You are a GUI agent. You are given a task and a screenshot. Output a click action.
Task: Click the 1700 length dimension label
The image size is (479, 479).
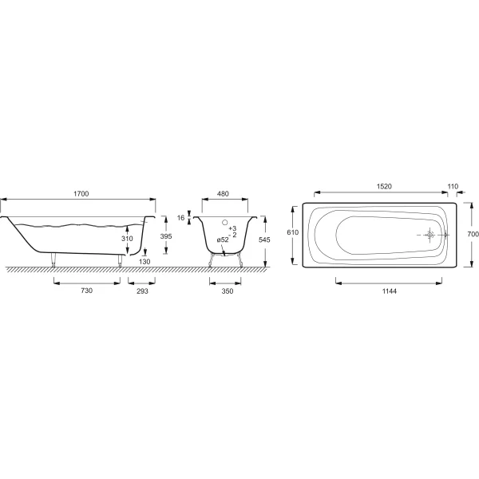(x=81, y=194)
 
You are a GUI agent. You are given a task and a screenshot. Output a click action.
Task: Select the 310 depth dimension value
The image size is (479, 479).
(x=127, y=239)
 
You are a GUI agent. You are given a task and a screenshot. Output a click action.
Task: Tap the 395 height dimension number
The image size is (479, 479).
(x=166, y=236)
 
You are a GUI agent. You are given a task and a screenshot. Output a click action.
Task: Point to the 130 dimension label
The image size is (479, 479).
(x=144, y=262)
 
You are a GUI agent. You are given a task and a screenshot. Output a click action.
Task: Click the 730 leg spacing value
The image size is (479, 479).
(x=87, y=291)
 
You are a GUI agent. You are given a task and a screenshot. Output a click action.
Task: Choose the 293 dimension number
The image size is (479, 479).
(x=142, y=291)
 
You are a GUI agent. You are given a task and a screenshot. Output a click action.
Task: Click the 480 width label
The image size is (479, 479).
(x=223, y=194)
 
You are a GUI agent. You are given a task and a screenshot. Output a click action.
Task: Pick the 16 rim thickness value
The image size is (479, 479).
(x=181, y=217)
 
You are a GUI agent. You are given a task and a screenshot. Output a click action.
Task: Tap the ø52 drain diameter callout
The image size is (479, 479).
(x=223, y=239)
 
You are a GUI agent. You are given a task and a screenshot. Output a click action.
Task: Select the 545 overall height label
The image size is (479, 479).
(x=264, y=239)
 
